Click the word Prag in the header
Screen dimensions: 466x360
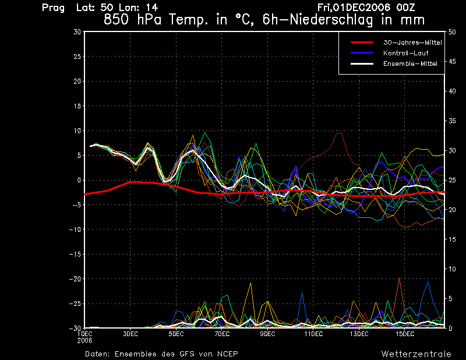tap(53, 8)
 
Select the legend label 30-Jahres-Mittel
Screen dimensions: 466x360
tap(412, 43)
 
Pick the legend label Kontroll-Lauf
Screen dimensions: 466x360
tap(405, 53)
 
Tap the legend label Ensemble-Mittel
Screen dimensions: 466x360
tap(410, 63)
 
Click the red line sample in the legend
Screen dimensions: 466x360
tap(362, 43)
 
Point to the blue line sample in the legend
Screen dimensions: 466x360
tap(362, 53)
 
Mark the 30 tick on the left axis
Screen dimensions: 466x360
tap(77, 32)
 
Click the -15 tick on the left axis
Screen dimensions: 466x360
tap(75, 255)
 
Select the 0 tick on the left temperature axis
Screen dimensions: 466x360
tap(79, 180)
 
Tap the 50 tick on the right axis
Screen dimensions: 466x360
tap(452, 32)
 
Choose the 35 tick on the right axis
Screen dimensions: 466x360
tap(452, 121)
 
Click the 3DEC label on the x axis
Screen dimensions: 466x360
tap(130, 334)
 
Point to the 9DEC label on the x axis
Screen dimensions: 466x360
tap(267, 334)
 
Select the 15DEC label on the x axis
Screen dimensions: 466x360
tap(405, 334)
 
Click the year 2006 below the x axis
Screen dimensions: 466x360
tap(84, 341)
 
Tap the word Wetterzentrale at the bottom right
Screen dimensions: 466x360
tap(416, 354)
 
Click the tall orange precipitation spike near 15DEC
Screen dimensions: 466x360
tap(399, 278)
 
